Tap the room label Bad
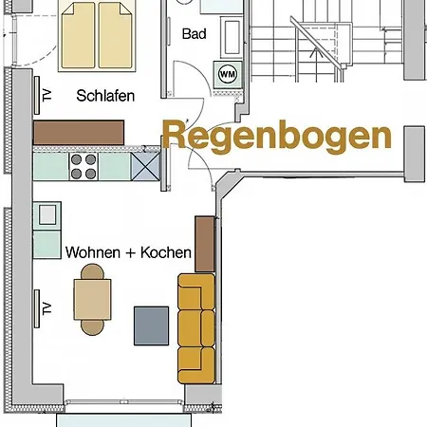(x=195, y=33)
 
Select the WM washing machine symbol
(x=228, y=73)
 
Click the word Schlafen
(x=105, y=96)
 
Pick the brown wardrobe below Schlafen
(x=79, y=132)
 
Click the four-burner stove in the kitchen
(x=84, y=167)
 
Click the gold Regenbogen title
(x=276, y=136)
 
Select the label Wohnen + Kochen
(x=128, y=253)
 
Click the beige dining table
(x=93, y=301)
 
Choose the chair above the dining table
(x=92, y=273)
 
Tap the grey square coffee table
(x=153, y=325)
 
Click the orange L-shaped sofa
(x=193, y=326)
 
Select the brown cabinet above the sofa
(x=204, y=243)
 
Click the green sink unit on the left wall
(x=46, y=231)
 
